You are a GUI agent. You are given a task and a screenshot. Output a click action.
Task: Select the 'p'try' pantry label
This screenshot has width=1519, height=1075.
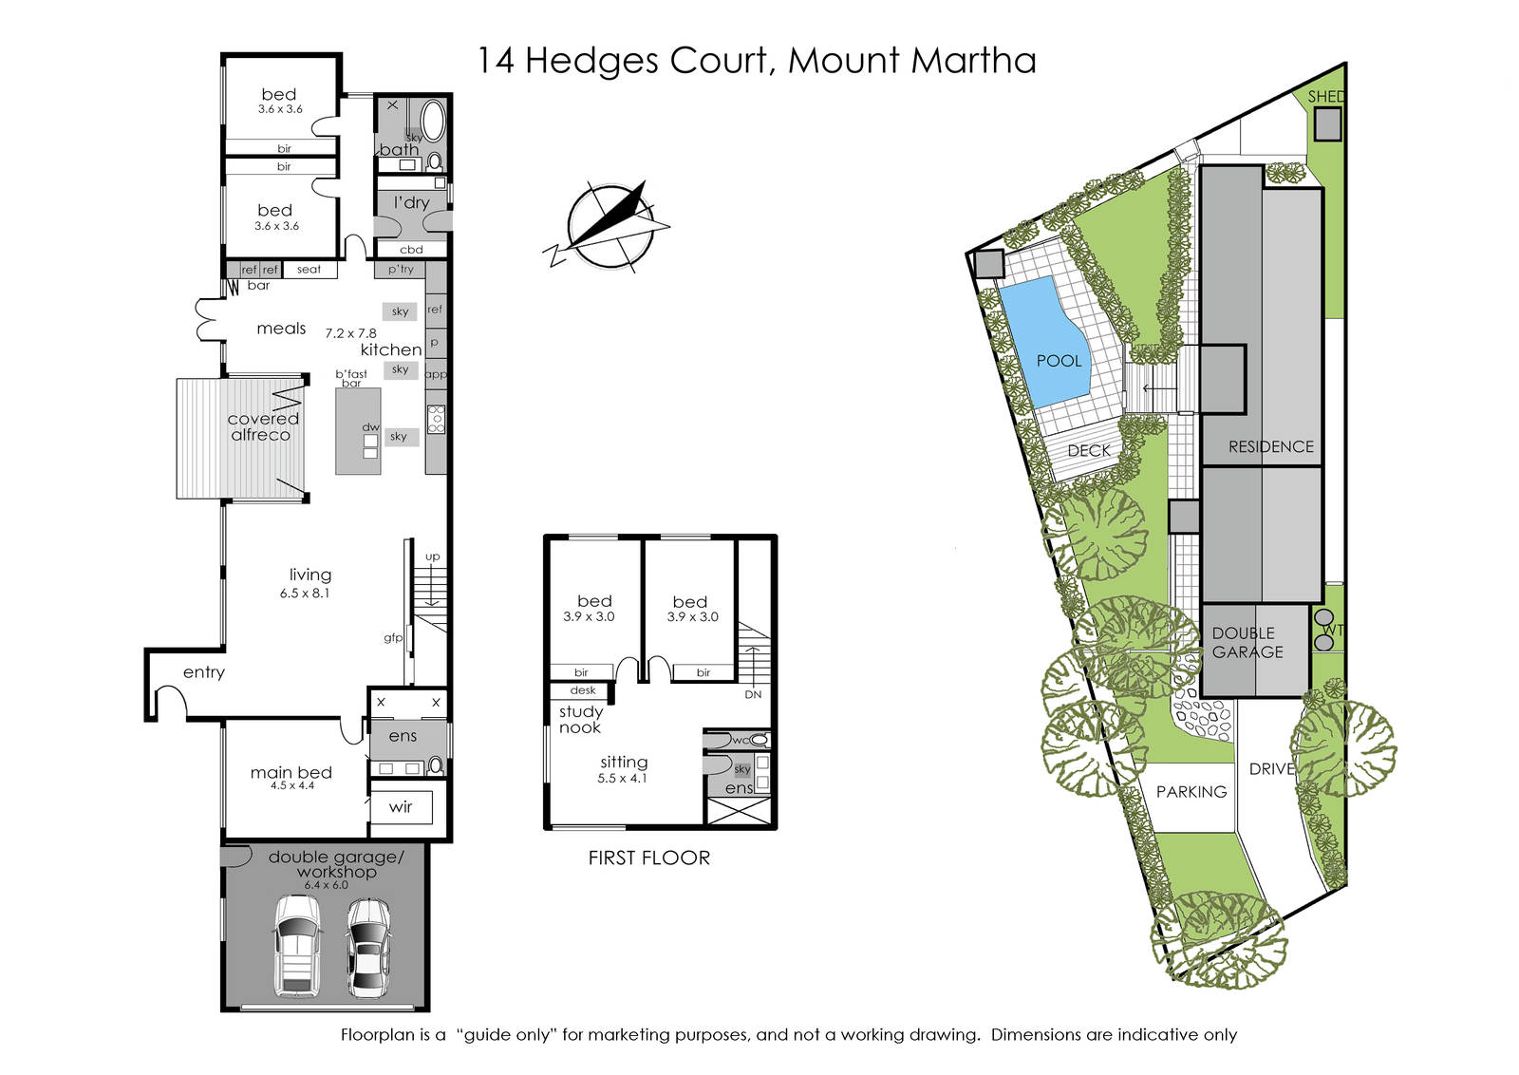[401, 270]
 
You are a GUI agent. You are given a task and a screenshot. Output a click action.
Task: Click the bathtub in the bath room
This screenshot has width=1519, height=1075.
[432, 122]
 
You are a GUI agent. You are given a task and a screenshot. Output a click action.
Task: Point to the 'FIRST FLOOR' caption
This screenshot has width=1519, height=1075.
[649, 858]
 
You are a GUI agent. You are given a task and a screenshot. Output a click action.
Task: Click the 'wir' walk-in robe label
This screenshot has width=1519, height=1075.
[400, 806]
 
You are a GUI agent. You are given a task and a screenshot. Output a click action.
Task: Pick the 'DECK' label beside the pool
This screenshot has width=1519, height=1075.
[1088, 450]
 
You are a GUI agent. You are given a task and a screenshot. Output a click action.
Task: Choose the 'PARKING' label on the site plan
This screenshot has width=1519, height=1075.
[1191, 791]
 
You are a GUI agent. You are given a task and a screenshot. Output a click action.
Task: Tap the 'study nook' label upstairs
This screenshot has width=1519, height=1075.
[580, 720]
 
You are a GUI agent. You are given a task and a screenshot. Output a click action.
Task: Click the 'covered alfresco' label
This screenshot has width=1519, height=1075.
[262, 427]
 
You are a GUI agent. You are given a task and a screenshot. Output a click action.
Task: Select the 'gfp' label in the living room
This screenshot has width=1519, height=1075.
[393, 638]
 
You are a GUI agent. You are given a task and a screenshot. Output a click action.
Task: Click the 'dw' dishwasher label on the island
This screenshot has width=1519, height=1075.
[370, 427]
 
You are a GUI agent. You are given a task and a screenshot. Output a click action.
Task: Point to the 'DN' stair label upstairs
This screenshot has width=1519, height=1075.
[753, 694]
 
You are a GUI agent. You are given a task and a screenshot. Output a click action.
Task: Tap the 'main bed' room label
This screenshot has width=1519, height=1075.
[291, 772]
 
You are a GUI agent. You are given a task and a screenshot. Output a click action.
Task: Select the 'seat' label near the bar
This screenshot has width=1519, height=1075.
[309, 270]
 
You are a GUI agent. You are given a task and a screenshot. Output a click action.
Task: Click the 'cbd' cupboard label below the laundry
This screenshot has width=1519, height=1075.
[411, 250]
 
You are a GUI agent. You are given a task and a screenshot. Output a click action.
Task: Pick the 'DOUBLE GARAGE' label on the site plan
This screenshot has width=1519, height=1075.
[1247, 642]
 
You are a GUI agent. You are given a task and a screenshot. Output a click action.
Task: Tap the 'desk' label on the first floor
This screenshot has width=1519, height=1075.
[583, 690]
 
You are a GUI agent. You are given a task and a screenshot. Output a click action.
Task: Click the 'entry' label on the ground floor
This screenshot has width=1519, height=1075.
[203, 672]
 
